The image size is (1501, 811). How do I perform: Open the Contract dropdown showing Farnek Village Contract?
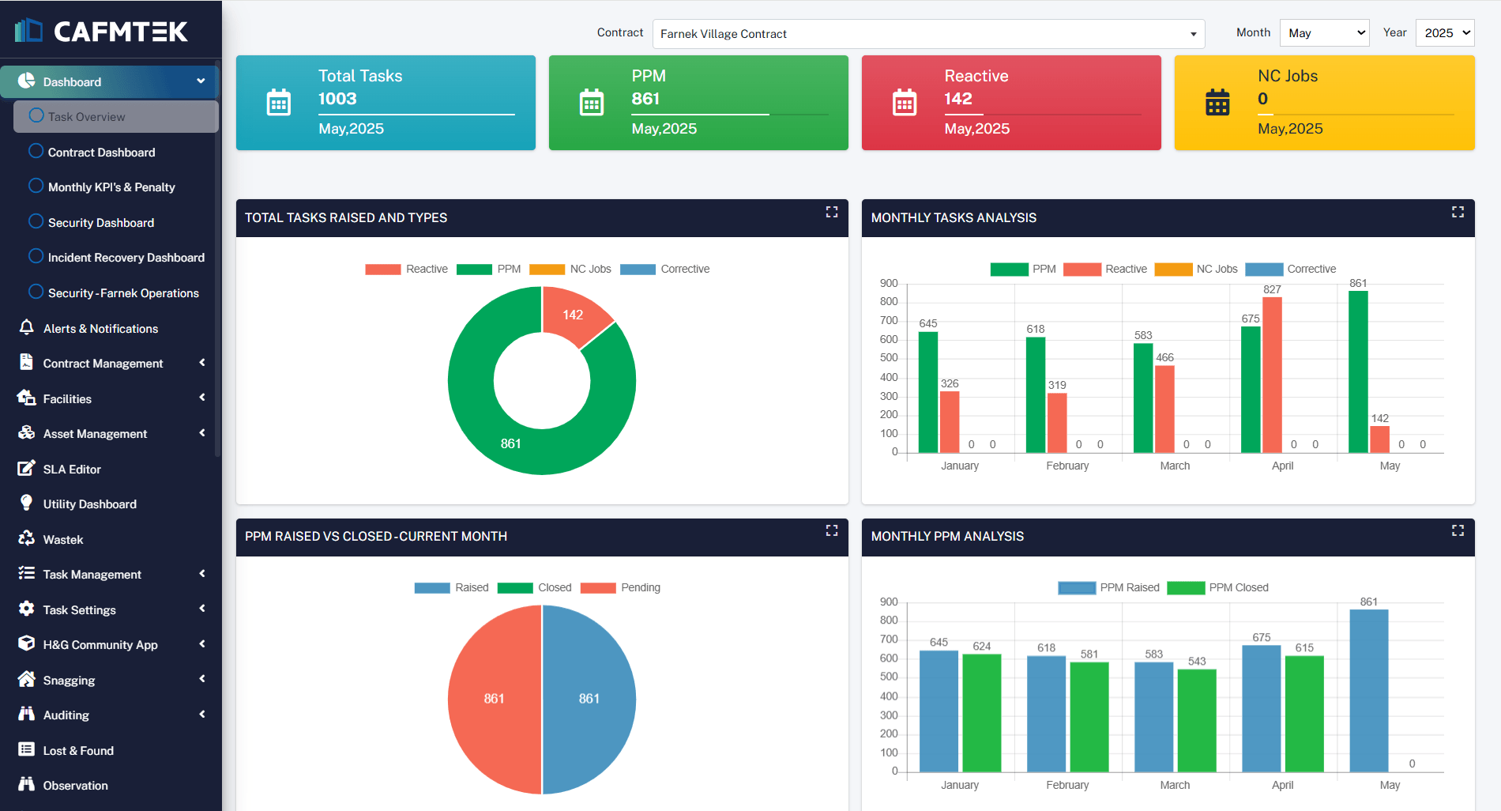click(x=928, y=34)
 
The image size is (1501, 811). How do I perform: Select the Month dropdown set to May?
click(x=1324, y=33)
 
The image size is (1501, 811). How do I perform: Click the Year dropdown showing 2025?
click(x=1445, y=33)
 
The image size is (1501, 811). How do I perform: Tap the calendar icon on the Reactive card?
click(x=905, y=103)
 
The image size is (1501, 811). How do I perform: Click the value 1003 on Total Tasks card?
click(x=337, y=99)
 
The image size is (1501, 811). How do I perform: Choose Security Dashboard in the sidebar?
click(x=101, y=223)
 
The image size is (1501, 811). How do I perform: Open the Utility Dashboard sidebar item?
click(x=90, y=504)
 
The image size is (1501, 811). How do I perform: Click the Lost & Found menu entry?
click(x=78, y=751)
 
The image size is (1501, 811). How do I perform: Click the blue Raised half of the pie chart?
click(x=589, y=700)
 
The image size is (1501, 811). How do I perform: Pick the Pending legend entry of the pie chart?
click(x=620, y=587)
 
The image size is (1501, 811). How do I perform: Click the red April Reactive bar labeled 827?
click(x=1272, y=375)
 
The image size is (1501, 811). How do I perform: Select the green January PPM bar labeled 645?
click(x=928, y=392)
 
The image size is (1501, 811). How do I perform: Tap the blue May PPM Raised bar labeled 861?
click(x=1369, y=691)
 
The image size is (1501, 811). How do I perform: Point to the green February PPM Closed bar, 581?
click(x=1089, y=717)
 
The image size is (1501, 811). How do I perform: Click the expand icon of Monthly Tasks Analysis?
click(x=1458, y=212)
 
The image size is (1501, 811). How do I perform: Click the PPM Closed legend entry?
click(x=1217, y=587)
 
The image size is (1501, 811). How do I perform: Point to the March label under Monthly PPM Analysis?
click(x=1175, y=785)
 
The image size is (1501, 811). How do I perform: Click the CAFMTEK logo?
click(x=101, y=31)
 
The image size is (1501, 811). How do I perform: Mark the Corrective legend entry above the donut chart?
click(x=665, y=269)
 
